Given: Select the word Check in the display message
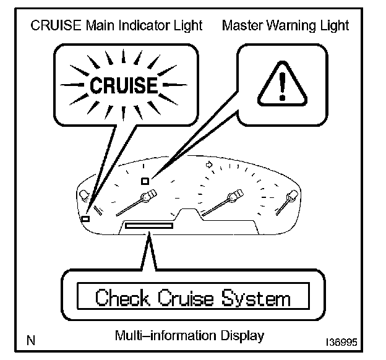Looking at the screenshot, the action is tap(122, 298).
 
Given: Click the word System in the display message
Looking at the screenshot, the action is tap(260, 299).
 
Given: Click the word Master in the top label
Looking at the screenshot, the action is tap(242, 25).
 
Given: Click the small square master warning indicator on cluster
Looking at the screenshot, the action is tap(144, 181).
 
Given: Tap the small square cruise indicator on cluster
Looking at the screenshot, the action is tap(85, 218).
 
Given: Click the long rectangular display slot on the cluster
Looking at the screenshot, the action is tap(148, 226).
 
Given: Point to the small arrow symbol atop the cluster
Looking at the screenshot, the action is tap(208, 165).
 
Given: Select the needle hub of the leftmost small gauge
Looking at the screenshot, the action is tap(84, 197).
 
